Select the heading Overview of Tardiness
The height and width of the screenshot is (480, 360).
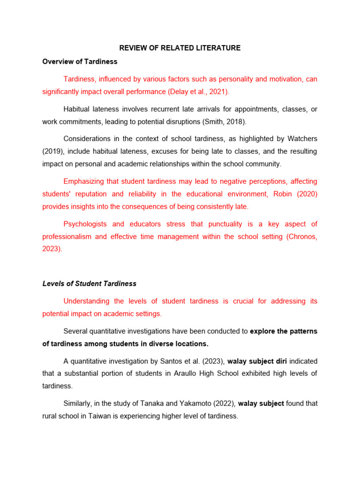(x=80, y=61)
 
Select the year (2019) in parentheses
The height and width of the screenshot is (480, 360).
(x=52, y=151)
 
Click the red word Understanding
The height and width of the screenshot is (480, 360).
(x=87, y=301)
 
